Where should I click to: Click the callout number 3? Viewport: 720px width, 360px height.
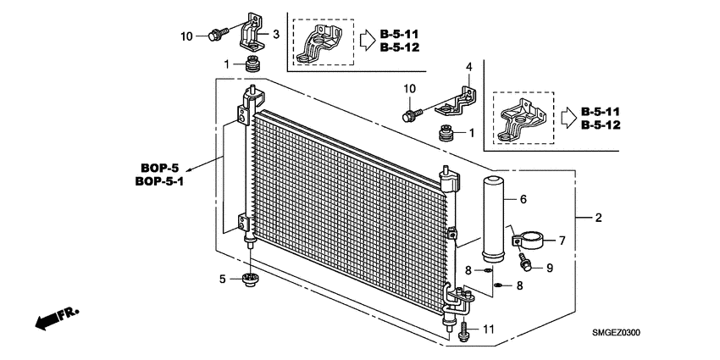click(274, 34)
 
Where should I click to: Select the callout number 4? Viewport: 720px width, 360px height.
click(468, 67)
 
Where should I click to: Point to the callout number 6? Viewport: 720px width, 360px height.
click(523, 200)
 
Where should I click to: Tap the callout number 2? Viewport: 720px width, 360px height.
click(598, 218)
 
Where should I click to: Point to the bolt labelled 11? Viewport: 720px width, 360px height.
click(464, 331)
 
